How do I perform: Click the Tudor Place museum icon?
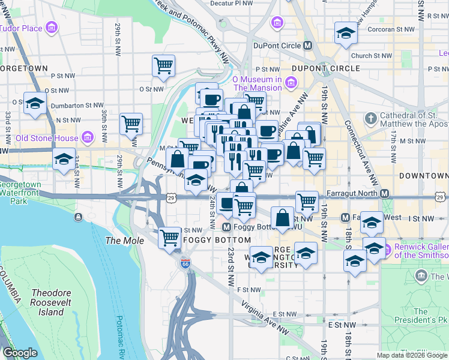52,28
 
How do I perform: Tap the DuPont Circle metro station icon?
308,45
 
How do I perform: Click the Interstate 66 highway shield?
185,263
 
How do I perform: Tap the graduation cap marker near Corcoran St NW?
345,34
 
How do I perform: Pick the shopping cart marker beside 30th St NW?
131,124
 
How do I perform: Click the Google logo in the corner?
20,353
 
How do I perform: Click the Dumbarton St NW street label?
77,104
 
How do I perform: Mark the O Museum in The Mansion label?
257,83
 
